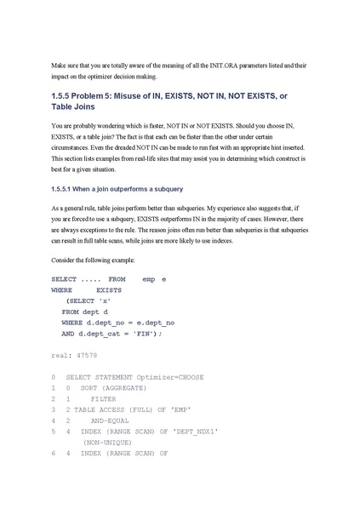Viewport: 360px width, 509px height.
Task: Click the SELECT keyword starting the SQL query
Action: click(x=64, y=279)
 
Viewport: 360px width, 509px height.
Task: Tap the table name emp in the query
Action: click(x=149, y=279)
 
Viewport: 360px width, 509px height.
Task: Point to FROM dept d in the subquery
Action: click(x=85, y=312)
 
